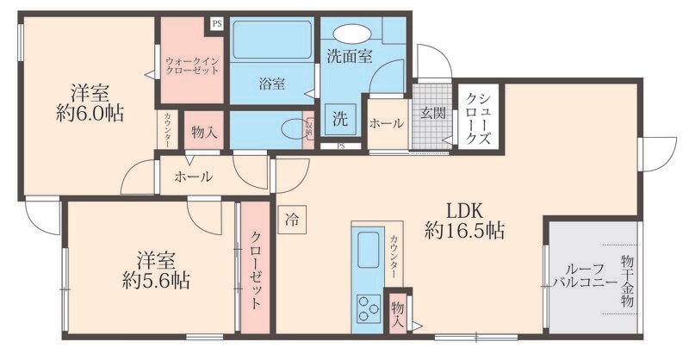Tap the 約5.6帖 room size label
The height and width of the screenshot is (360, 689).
pyautogui.click(x=156, y=280)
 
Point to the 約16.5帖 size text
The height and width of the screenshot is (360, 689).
pyautogui.click(x=464, y=230)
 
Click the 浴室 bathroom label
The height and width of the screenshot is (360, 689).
pyautogui.click(x=272, y=84)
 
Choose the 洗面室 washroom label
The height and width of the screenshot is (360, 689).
pyautogui.click(x=349, y=57)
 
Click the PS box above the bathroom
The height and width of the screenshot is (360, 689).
pyautogui.click(x=216, y=24)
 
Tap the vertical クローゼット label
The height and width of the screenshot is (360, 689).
pyautogui.click(x=257, y=271)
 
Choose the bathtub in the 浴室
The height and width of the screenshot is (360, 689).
pyautogui.click(x=272, y=39)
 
